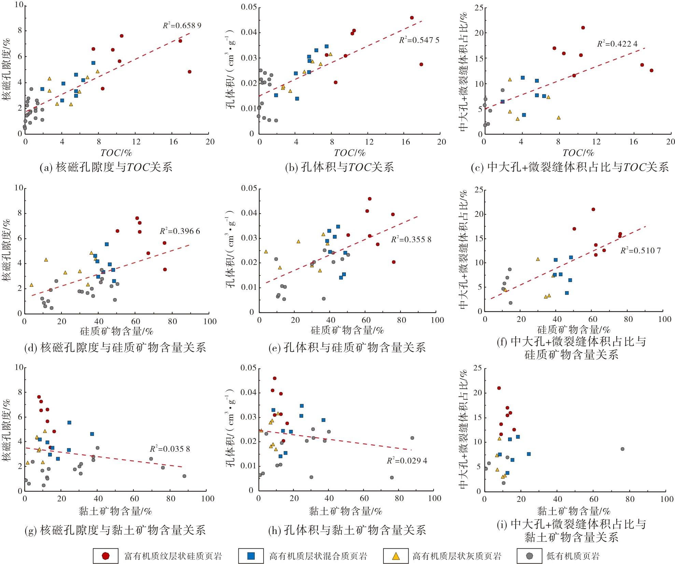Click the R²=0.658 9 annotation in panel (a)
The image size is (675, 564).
pyautogui.click(x=182, y=25)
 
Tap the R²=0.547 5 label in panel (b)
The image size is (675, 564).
pyautogui.click(x=419, y=40)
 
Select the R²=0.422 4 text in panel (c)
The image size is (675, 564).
pyautogui.click(x=617, y=44)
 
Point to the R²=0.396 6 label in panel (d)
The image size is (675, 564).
pyautogui.click(x=180, y=231)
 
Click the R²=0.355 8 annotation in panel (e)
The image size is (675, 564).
pyautogui.click(x=411, y=239)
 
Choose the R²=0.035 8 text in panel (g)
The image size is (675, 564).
pyautogui.click(x=170, y=449)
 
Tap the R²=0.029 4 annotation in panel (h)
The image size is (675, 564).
pyautogui.click(x=407, y=461)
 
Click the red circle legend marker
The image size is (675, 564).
pyautogui.click(x=106, y=555)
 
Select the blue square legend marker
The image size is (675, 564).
pyautogui.click(x=251, y=555)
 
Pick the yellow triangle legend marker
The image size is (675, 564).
pyautogui.click(x=396, y=555)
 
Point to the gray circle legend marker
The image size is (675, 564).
pyautogui.click(x=530, y=555)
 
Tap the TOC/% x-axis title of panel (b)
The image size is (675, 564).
pyautogui.click(x=350, y=153)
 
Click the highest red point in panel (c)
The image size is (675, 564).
pyautogui.click(x=583, y=28)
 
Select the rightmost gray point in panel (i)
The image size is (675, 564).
pyautogui.click(x=622, y=449)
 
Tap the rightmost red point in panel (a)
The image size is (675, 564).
pyautogui.click(x=189, y=72)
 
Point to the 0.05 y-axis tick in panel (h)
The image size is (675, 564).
pyautogui.click(x=249, y=368)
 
